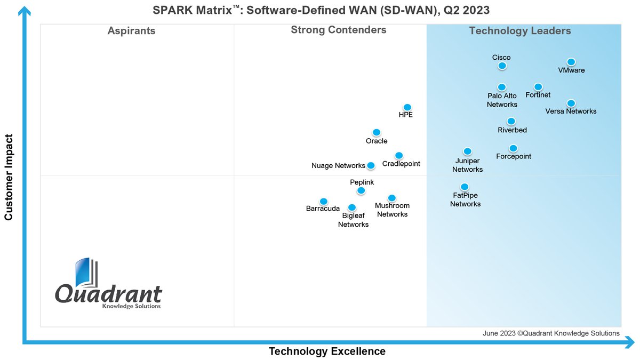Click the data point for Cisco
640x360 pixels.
click(502, 66)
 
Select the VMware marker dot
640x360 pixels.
click(571, 62)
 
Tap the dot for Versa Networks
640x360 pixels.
click(571, 103)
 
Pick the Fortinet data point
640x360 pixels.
click(538, 87)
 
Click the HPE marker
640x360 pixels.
click(407, 107)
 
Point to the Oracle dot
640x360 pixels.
click(376, 132)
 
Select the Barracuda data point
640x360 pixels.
click(323, 201)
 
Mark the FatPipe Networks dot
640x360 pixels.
click(465, 187)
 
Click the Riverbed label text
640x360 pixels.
click(512, 130)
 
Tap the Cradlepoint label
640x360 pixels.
click(401, 164)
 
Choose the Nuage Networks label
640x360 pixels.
click(338, 166)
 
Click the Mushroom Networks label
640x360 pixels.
click(392, 210)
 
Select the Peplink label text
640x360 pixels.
click(362, 182)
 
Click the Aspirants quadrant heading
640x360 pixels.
click(131, 31)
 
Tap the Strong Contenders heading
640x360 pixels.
click(338, 30)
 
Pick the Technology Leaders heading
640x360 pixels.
click(519, 31)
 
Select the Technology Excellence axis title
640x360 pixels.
click(327, 351)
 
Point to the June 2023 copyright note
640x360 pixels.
click(551, 333)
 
